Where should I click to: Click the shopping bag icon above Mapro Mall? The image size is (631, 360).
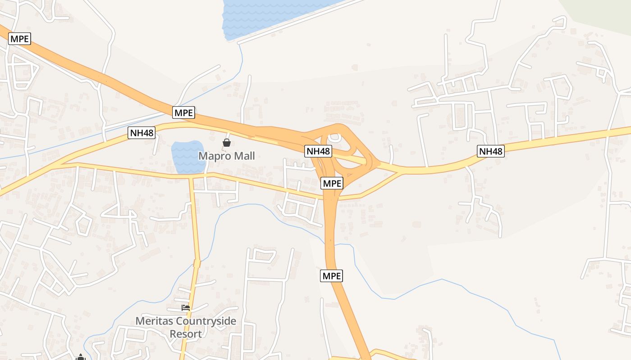click(227, 143)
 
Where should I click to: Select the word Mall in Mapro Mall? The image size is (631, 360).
click(244, 156)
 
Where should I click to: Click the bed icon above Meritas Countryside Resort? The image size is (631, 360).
click(185, 308)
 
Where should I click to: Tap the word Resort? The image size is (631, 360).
click(186, 334)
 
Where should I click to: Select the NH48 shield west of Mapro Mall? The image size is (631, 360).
click(142, 132)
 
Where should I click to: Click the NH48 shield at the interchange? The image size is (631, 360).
click(319, 151)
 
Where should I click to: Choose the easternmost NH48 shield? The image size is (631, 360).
click(491, 151)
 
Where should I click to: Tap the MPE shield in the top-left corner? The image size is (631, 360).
click(19, 39)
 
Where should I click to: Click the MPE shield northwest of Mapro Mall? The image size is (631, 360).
click(184, 112)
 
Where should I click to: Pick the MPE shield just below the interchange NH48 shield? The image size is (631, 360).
click(332, 183)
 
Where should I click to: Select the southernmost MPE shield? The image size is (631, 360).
click(332, 275)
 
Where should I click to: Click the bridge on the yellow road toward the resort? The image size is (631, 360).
click(197, 263)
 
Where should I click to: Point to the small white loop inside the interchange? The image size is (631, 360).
click(334, 138)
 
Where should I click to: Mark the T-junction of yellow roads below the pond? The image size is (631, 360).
click(192, 177)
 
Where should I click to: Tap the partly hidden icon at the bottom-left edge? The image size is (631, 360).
click(81, 357)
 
